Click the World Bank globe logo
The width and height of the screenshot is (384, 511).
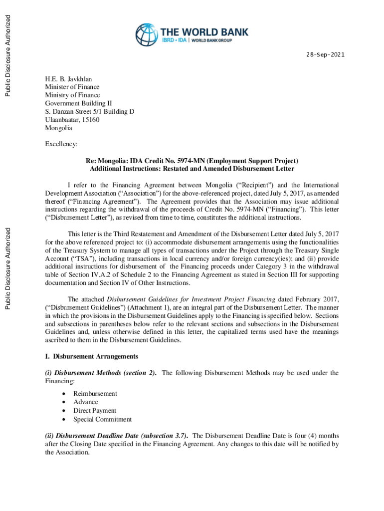146,35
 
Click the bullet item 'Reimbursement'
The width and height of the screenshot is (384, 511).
95,393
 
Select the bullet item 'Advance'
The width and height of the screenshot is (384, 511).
86,402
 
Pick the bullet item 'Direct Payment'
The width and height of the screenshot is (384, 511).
95,411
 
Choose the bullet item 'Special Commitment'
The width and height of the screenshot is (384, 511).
102,419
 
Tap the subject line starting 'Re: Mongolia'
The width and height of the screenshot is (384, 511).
192,161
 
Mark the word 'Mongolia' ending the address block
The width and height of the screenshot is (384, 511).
59,128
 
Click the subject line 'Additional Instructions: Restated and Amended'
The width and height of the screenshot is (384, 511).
192,169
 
